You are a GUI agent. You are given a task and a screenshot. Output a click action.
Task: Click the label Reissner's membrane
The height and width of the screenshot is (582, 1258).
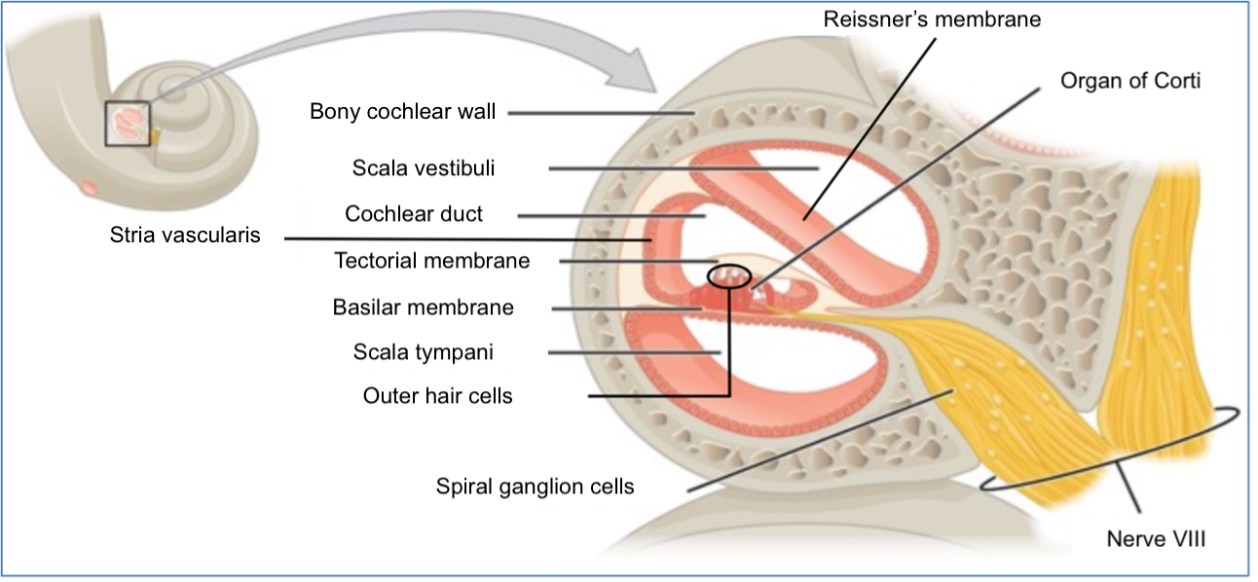pyautogui.click(x=932, y=19)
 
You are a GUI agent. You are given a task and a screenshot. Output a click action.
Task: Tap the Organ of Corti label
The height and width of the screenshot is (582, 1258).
pyautogui.click(x=1129, y=82)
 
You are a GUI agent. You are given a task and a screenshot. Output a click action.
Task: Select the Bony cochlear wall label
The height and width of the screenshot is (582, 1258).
pyautogui.click(x=403, y=112)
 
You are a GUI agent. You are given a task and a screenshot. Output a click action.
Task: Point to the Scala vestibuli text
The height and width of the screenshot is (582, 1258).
pyautogui.click(x=424, y=168)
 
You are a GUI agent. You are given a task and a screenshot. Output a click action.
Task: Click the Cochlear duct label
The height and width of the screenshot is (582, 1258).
pyautogui.click(x=414, y=214)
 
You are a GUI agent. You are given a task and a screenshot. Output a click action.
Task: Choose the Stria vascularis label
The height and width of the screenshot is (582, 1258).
pyautogui.click(x=185, y=236)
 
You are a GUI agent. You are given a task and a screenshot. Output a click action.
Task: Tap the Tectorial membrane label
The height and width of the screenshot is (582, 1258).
pyautogui.click(x=432, y=261)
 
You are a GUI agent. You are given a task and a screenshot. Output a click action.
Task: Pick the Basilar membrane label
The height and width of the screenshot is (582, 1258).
pyautogui.click(x=423, y=308)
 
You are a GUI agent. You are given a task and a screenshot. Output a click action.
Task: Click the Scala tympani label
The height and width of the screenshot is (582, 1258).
pyautogui.click(x=424, y=352)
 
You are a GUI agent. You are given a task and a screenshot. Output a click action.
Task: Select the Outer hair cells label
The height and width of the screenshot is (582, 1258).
pyautogui.click(x=437, y=396)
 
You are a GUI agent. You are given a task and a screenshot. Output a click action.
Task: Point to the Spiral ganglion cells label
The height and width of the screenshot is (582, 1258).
pyautogui.click(x=535, y=487)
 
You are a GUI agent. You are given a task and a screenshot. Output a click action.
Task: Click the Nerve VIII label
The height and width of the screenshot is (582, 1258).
pyautogui.click(x=1156, y=539)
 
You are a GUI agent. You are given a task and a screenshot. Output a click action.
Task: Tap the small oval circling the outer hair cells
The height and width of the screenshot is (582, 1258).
pyautogui.click(x=729, y=266)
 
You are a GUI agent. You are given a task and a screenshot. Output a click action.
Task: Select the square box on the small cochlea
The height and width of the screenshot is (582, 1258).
pyautogui.click(x=105, y=124)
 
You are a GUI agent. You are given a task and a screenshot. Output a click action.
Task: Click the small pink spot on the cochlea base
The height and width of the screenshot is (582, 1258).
pyautogui.click(x=89, y=188)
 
